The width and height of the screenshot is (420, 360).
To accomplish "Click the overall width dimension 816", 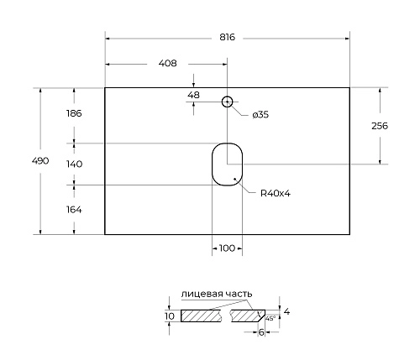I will point(226,38).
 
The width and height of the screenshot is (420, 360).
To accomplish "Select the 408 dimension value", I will point(165,63).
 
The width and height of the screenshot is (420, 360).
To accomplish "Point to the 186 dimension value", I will point(74,112).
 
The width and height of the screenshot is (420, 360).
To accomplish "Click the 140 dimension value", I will point(74,164).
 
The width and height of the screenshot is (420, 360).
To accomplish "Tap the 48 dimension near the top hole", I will point(193,96).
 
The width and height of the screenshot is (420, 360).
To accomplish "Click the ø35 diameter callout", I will point(260,115).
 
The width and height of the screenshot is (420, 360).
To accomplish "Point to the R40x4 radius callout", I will point(275,193).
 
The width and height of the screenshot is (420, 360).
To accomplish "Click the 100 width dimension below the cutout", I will point(226,248).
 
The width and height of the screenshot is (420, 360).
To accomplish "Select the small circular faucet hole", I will point(226,102).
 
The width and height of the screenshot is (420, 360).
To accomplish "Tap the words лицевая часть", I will point(217,295).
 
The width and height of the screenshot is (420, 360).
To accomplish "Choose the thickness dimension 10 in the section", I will point(169,316).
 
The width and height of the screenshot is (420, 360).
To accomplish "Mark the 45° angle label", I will point(270,319).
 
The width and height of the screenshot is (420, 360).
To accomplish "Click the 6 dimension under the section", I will point(262,333).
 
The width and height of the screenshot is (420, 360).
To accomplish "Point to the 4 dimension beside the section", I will point(287,311).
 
